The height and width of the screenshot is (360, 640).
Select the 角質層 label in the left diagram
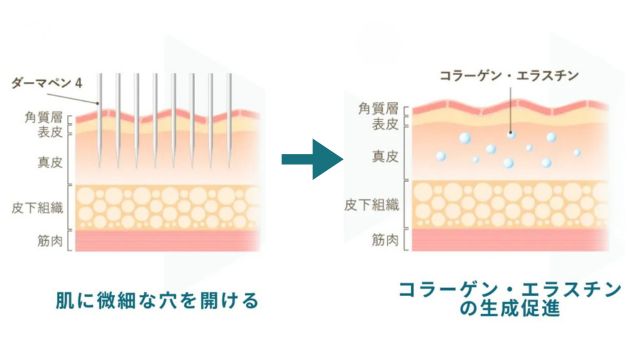(43, 115)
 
